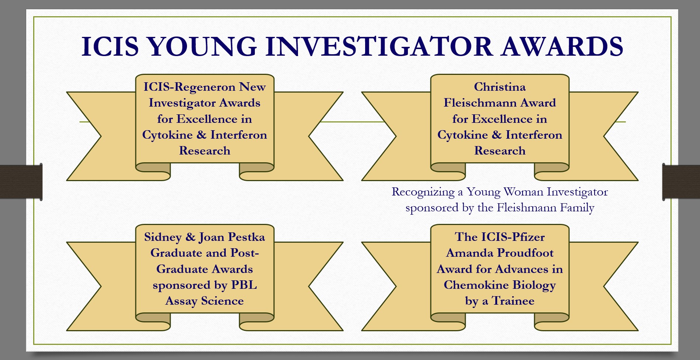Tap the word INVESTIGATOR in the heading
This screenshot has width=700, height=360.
[379, 46]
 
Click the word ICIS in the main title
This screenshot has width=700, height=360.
[110, 46]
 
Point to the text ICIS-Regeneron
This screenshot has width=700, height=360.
[189, 87]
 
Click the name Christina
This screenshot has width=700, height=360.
[500, 87]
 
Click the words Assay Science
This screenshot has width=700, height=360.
[205, 301]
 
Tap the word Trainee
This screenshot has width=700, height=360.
[513, 301]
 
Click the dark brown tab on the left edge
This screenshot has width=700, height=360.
[21, 182]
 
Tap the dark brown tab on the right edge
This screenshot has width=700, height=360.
[681, 182]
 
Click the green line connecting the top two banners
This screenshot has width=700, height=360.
[353, 121]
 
